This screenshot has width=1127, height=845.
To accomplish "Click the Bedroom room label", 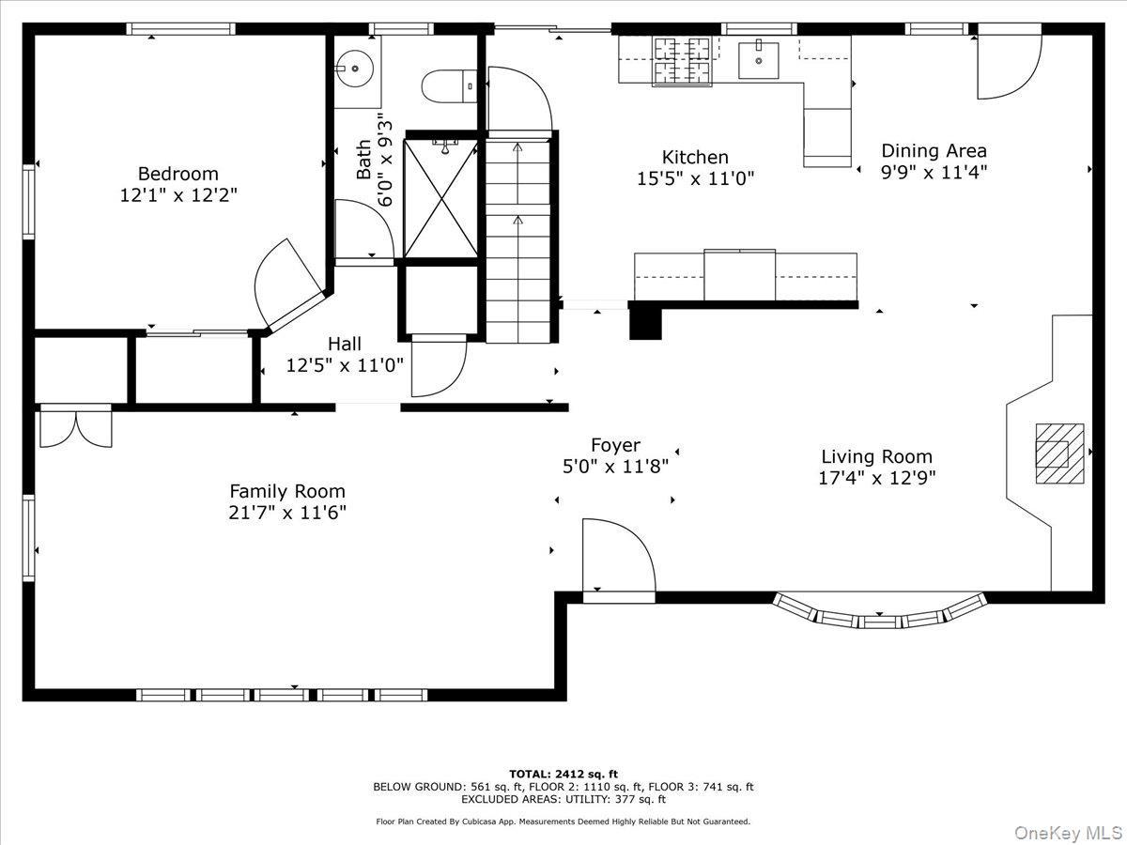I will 178,174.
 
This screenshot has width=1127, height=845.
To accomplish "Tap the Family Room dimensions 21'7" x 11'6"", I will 287,513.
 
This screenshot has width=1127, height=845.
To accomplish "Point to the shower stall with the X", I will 440,198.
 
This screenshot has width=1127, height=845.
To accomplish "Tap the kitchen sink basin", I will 759,60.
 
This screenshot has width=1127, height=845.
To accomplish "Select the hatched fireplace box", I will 1058,453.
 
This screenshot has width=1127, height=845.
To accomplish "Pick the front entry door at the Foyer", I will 617,559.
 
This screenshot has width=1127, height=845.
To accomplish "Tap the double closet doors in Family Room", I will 75,425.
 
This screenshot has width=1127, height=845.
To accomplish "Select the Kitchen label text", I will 695,157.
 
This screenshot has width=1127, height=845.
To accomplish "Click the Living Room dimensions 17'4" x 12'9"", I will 876,478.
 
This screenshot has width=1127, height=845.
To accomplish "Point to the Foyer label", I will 615,445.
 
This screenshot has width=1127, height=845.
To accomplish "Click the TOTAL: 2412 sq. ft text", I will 563,774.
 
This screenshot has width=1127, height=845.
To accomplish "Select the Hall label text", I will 345,345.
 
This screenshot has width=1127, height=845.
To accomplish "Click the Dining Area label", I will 934,150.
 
